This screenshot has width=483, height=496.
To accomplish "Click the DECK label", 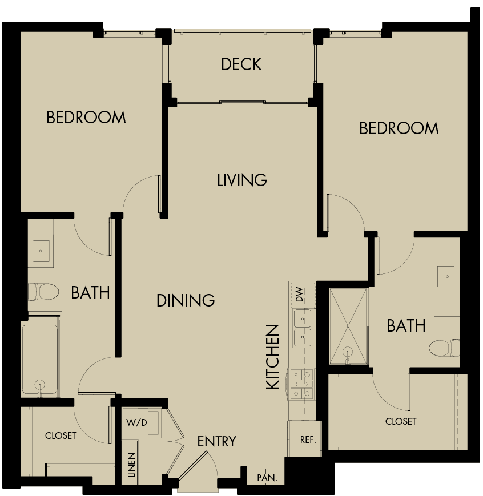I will [x=241, y=64].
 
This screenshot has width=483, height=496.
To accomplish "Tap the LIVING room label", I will [x=242, y=180].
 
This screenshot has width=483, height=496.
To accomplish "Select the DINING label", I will [x=186, y=300].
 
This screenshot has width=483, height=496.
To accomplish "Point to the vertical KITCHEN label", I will [x=273, y=357].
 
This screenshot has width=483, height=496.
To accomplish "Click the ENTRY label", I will [x=216, y=441].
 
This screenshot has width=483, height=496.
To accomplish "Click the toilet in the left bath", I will [x=43, y=292].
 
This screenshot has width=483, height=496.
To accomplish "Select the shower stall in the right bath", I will [x=348, y=326].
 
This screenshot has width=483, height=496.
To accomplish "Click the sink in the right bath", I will [x=447, y=276].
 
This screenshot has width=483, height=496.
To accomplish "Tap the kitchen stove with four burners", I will [x=302, y=384].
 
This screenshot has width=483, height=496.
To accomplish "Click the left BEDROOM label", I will [x=86, y=118].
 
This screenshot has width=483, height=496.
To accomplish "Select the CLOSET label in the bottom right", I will [x=401, y=421].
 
